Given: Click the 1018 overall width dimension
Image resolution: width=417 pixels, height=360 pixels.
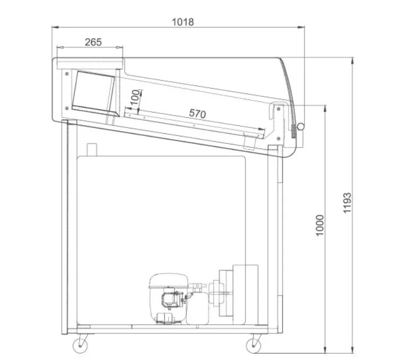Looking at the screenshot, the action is pos(183,22).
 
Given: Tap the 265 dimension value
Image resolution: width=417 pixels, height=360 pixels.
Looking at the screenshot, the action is pos(93,42).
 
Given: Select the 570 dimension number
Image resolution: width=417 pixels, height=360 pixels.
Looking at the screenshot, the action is pos(197,114).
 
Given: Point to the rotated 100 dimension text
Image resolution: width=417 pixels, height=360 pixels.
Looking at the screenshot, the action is pos(135,98).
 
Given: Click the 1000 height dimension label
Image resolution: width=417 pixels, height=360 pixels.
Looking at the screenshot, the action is pos(320,225).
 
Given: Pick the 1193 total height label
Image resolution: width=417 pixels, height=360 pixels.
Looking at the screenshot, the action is pos(347,203).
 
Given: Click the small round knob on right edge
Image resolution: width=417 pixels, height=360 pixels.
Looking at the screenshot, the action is pos(301,127).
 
